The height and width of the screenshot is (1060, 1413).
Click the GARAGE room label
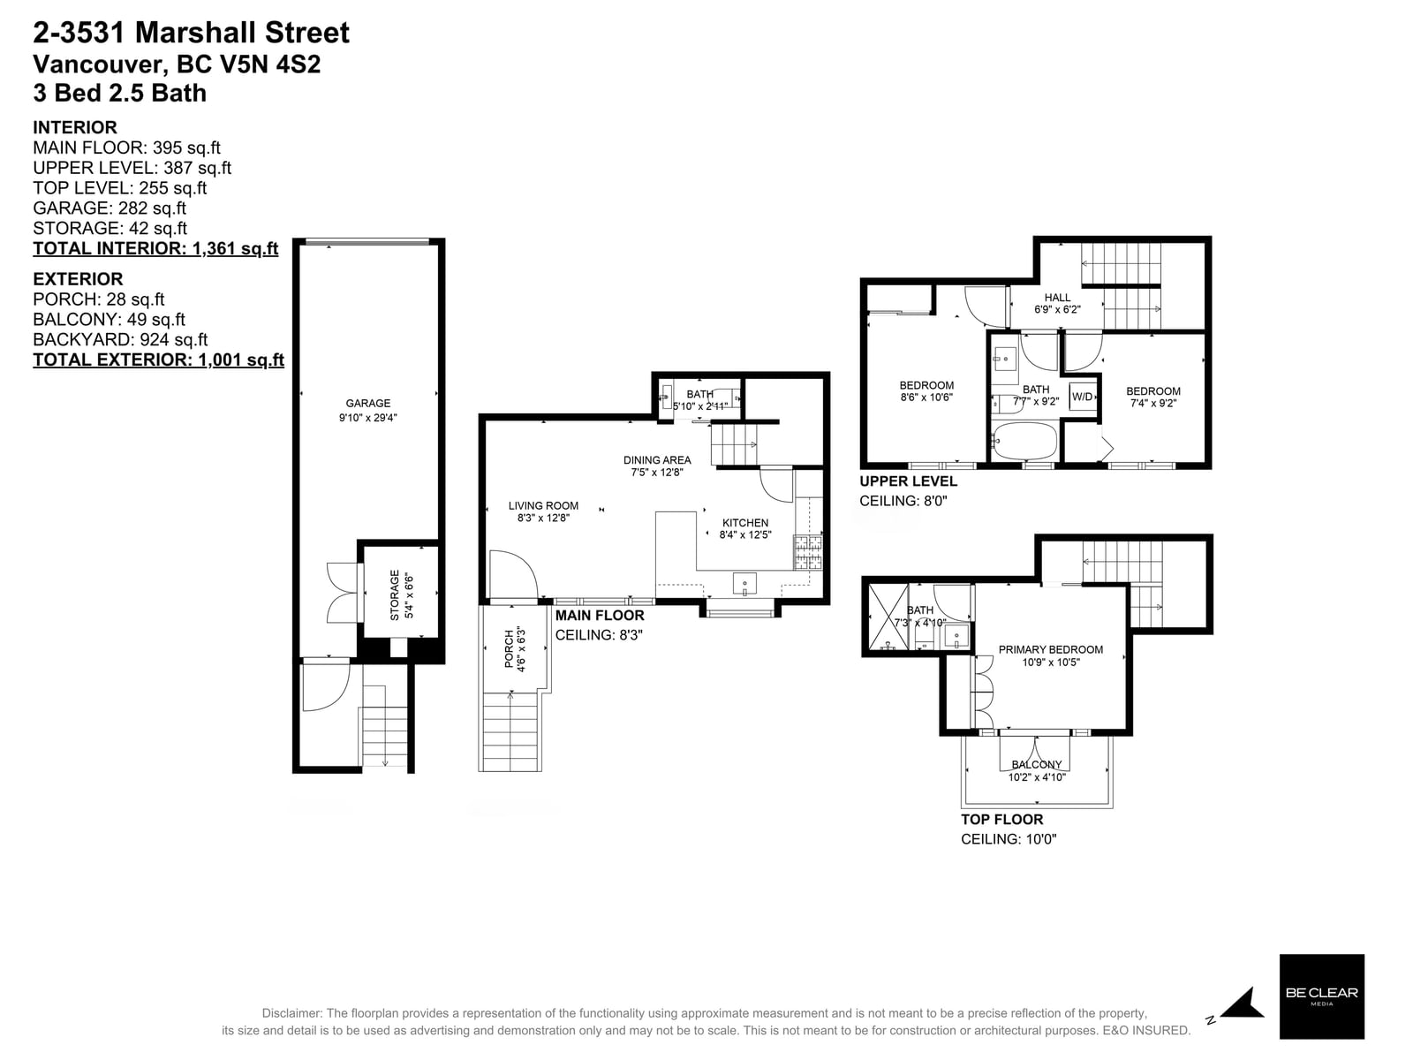[367, 403]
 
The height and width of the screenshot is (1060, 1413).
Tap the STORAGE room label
[395, 594]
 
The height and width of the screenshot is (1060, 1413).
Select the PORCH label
[510, 649]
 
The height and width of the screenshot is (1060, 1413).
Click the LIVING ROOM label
[543, 506]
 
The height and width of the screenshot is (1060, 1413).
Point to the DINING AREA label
[657, 460]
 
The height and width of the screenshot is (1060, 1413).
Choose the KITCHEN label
[744, 523]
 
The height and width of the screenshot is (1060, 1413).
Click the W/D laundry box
[1082, 397]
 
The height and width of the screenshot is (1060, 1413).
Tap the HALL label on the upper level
[1057, 298]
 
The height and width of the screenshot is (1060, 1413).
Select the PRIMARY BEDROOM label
[1051, 649]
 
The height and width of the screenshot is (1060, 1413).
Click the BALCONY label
[1037, 765]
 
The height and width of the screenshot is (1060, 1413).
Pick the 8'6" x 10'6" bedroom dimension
[926, 397]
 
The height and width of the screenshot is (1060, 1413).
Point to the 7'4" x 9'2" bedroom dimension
[1153, 404]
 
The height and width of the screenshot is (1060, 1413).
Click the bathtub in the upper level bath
[1024, 441]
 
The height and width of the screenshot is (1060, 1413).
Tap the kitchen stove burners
[809, 553]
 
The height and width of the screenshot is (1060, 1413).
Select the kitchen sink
[744, 584]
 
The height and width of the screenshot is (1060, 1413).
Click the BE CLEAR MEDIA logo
[1321, 996]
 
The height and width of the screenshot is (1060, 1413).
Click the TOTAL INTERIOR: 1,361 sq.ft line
[155, 248]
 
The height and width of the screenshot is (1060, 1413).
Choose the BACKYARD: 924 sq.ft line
[120, 339]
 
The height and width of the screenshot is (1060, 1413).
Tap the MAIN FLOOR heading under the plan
[600, 616]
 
